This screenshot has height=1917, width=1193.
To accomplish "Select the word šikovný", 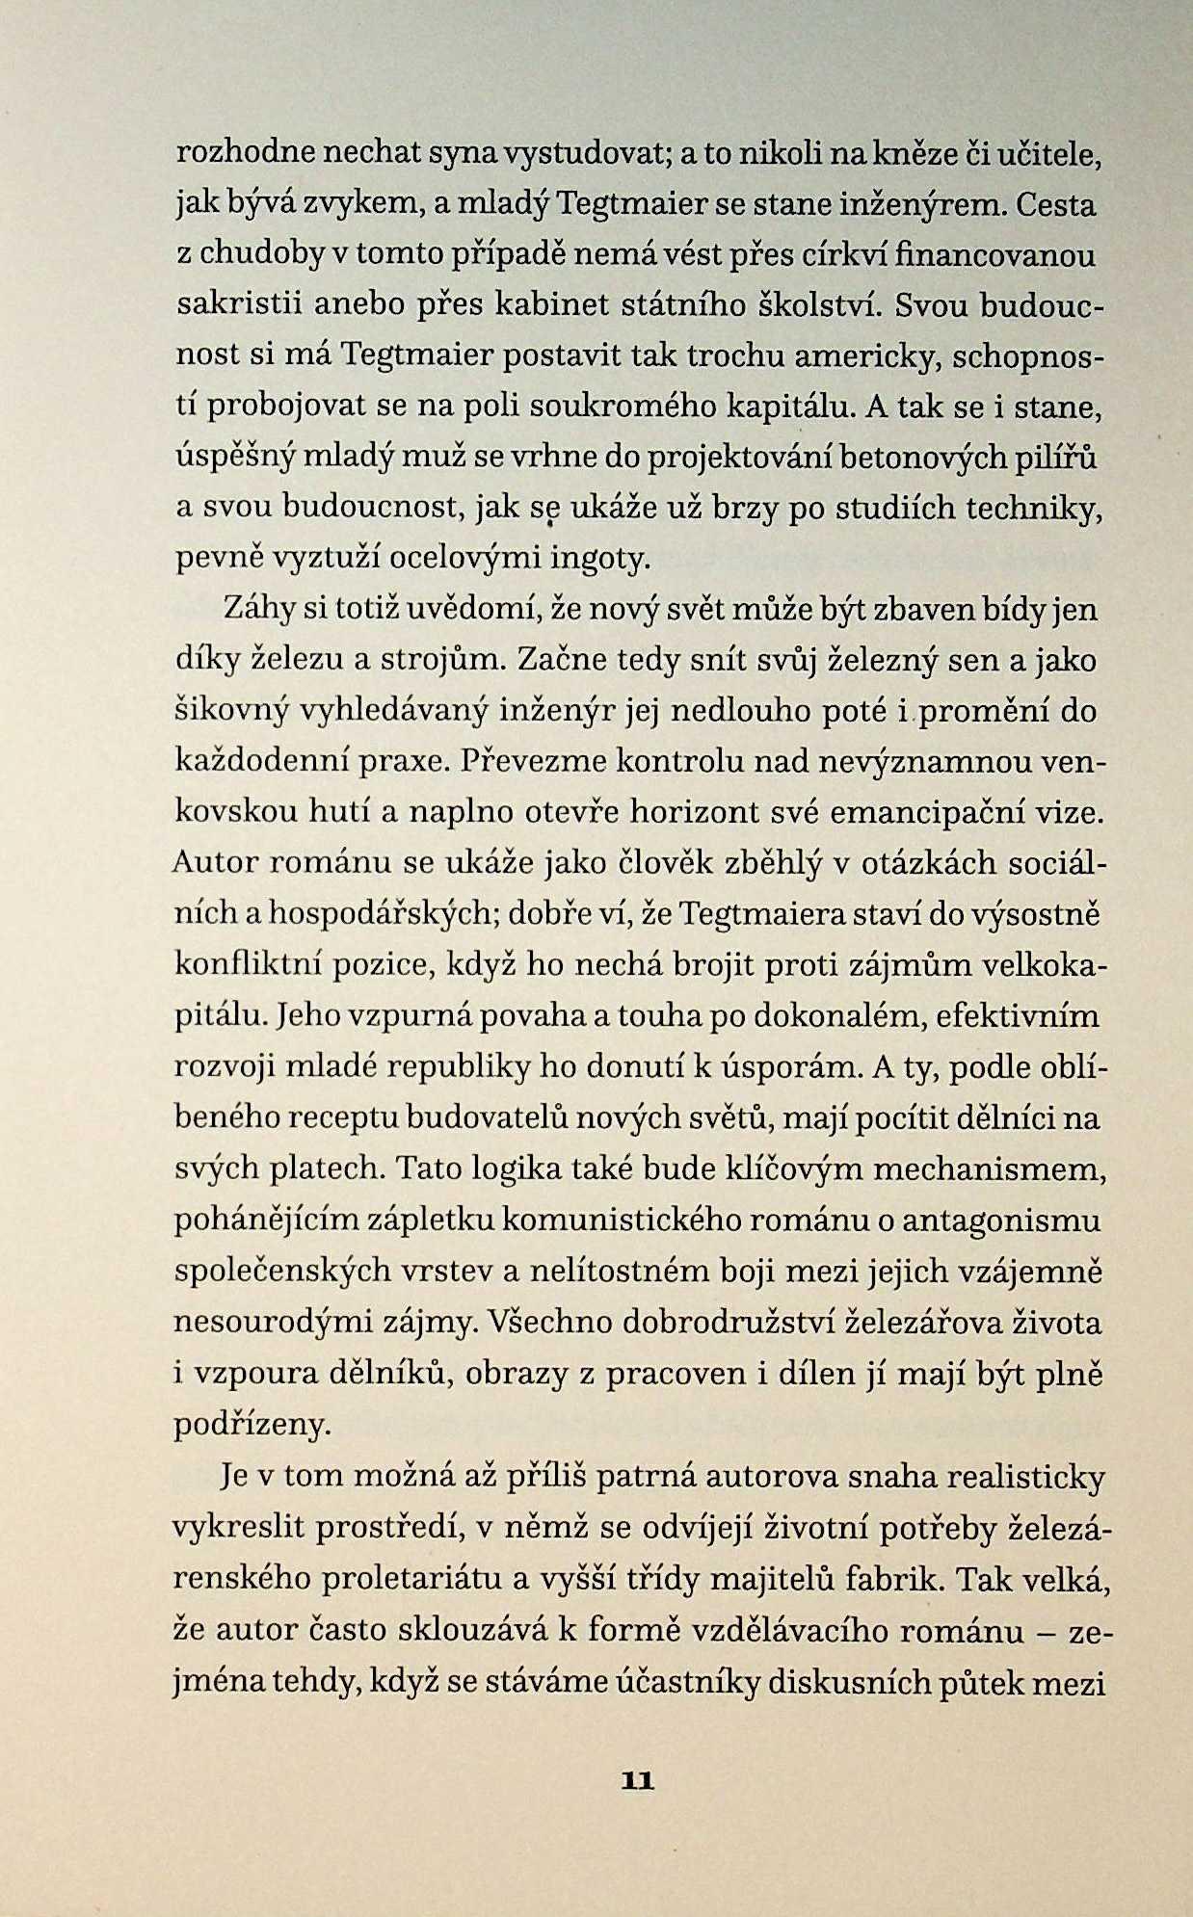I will pos(231,712).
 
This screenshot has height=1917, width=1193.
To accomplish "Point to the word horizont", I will pos(695,812).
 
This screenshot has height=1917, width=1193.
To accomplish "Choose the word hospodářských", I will pos(381,914).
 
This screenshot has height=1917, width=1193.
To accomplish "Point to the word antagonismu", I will pos(997,1221).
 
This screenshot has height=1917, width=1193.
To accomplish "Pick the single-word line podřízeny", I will pos(252,1424).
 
